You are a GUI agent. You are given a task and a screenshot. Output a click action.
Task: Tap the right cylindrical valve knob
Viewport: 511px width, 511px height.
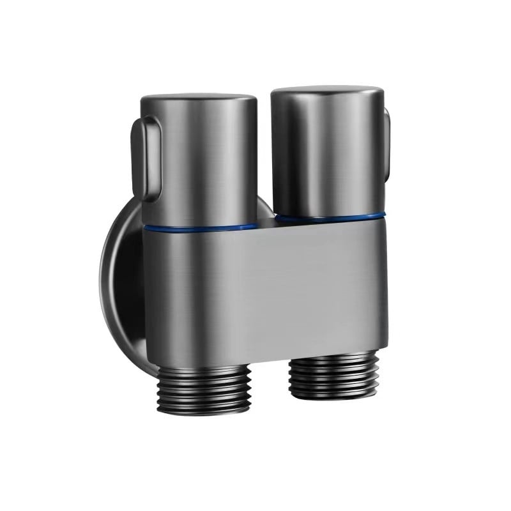click(327, 150)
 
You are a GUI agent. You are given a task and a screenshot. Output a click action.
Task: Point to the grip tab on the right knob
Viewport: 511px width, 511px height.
click(385, 141)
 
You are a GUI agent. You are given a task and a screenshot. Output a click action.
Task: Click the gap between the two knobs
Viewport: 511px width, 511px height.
click(264, 160)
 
